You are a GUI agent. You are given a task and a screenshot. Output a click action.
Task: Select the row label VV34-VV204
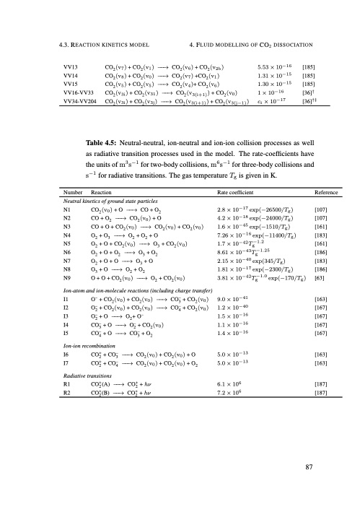[x=81, y=102]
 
